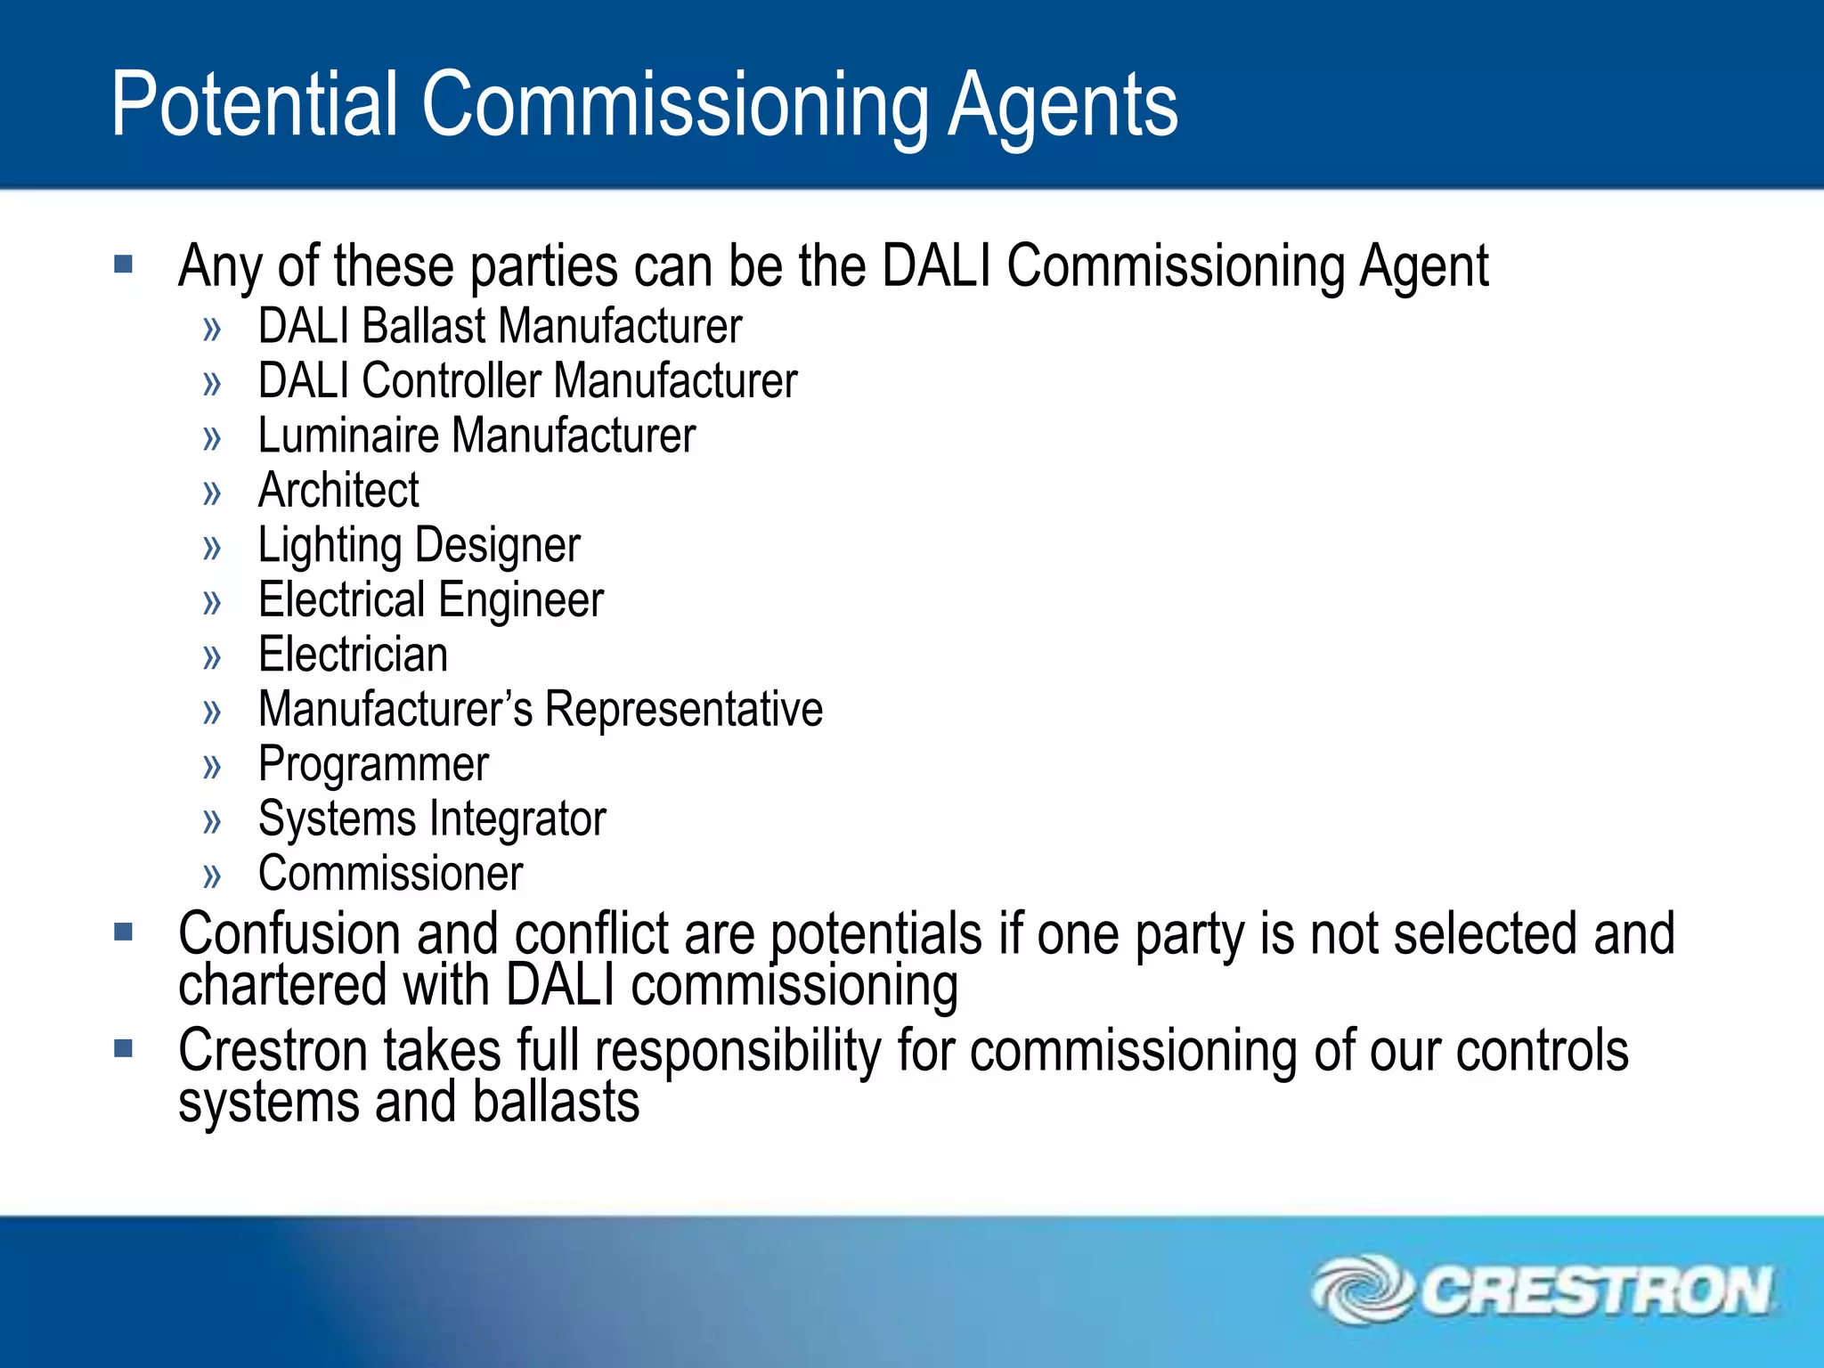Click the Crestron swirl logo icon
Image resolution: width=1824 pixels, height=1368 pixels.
tap(1362, 1289)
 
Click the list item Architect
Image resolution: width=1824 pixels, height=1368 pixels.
tap(338, 490)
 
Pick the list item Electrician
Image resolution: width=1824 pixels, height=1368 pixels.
tap(353, 655)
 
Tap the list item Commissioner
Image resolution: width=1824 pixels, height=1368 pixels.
tap(390, 874)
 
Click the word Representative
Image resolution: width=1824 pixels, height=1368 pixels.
tap(683, 710)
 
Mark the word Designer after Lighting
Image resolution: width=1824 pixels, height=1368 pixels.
tap(498, 546)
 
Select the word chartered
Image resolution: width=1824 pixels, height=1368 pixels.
tap(282, 985)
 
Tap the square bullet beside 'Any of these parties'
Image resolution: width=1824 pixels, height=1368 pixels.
tap(123, 265)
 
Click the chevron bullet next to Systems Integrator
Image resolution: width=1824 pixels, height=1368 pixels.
tap(212, 821)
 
